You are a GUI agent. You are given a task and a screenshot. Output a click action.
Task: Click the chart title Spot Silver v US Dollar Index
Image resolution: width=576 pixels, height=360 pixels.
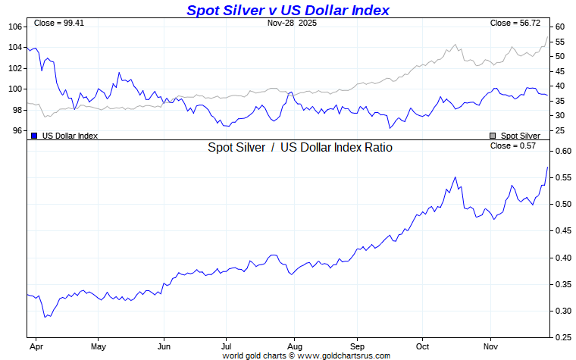pos(288,10)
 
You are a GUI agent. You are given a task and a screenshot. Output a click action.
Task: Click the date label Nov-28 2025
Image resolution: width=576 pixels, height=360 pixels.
pos(293,23)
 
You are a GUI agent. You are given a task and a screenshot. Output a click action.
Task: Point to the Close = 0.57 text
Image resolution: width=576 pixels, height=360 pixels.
pos(513,146)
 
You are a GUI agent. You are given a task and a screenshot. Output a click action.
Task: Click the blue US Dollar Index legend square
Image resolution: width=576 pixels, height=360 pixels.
pos(34,136)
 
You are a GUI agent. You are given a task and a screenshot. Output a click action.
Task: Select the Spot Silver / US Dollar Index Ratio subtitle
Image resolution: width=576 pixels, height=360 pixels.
pos(300,148)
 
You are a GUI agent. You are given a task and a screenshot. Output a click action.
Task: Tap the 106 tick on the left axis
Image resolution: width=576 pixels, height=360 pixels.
pos(15,27)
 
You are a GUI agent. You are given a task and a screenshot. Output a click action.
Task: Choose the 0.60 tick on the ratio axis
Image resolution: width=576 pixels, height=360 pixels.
pos(561,151)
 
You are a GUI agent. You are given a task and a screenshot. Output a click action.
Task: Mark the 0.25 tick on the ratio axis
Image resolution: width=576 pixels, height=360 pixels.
pos(561,337)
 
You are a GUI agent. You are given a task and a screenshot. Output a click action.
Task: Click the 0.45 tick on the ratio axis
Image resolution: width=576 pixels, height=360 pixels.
pos(561,230)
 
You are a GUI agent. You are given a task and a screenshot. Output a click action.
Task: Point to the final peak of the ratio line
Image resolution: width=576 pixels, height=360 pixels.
pos(547,167)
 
